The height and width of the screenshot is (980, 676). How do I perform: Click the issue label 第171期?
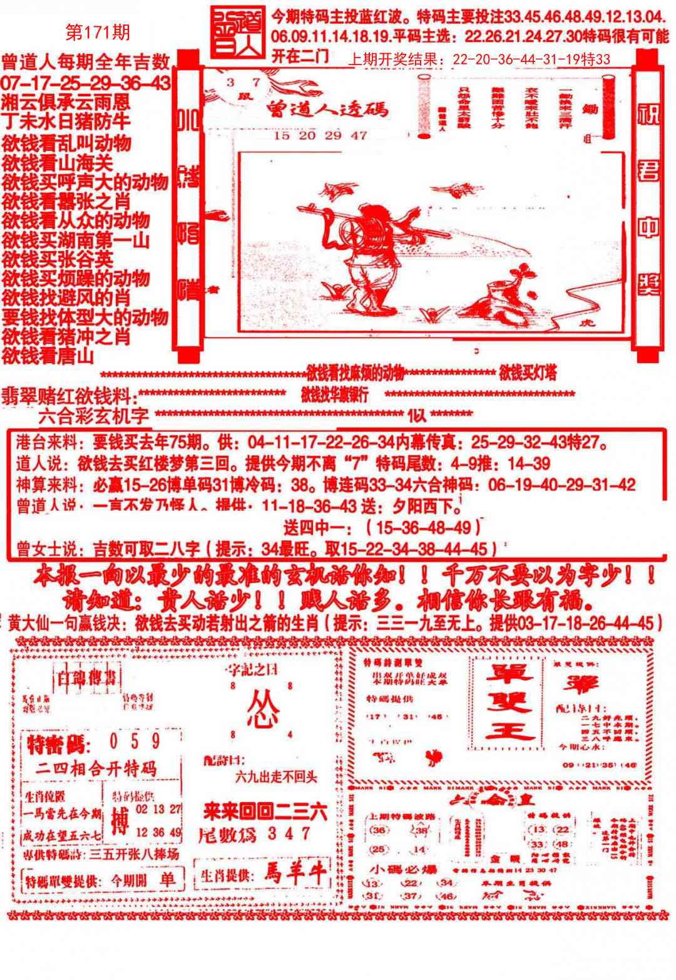pyautogui.click(x=98, y=32)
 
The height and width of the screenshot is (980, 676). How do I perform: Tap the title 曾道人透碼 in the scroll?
pyautogui.click(x=326, y=110)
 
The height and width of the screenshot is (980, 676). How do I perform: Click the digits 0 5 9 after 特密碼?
pyautogui.click(x=134, y=741)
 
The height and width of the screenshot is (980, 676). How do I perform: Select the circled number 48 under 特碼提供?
pyautogui.click(x=561, y=843)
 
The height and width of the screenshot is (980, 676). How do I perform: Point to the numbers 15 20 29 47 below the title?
pyautogui.click(x=320, y=135)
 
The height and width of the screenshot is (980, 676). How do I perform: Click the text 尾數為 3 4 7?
pyautogui.click(x=254, y=833)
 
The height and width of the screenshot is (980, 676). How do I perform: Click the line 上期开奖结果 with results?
pyautogui.click(x=478, y=60)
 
